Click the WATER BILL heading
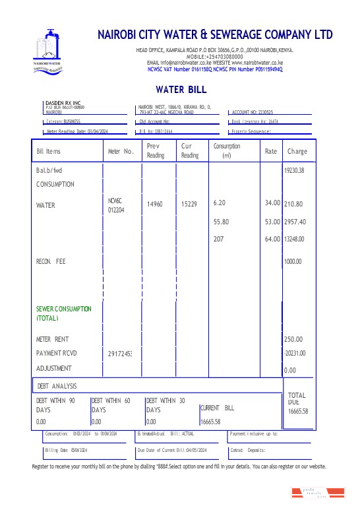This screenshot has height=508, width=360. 181,89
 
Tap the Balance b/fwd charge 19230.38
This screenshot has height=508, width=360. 294,170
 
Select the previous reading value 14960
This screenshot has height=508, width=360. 154,205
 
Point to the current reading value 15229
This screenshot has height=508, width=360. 189,205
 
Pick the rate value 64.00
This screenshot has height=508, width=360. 272,239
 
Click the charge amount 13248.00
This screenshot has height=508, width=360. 294,239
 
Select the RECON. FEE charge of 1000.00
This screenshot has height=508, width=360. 292,262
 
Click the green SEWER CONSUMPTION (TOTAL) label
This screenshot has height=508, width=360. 64,313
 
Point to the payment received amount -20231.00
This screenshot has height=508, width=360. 294,353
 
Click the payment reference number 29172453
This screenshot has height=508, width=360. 120,354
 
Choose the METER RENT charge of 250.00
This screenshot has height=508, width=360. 293,339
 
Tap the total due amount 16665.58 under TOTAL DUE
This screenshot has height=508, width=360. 298,411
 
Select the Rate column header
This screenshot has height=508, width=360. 271,151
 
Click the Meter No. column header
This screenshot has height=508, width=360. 121,152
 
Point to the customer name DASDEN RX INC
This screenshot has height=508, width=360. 63,104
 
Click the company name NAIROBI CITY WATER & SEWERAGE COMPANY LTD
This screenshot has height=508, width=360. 215,35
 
